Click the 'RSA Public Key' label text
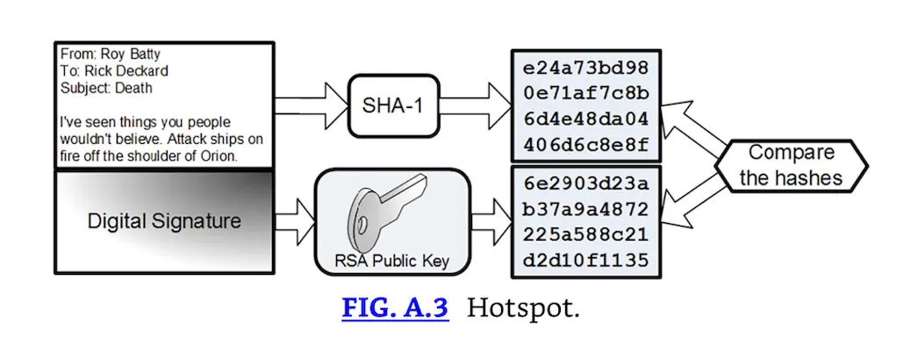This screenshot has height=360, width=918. pyautogui.click(x=392, y=260)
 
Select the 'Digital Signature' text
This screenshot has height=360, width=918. pyautogui.click(x=164, y=220)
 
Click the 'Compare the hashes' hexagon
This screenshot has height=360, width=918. pyautogui.click(x=791, y=165)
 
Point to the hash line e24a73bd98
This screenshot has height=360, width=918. pyautogui.click(x=585, y=68)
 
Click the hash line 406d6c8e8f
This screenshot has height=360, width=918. pyautogui.click(x=585, y=144)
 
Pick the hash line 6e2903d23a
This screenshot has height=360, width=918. pyautogui.click(x=585, y=184)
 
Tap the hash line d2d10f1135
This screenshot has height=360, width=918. pyautogui.click(x=585, y=260)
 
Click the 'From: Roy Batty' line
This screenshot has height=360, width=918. pyautogui.click(x=111, y=54)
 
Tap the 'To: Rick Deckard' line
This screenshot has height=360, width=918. pyautogui.click(x=114, y=71)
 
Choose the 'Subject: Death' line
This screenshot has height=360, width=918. pyautogui.click(x=106, y=88)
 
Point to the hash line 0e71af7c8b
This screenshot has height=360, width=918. pyautogui.click(x=585, y=93)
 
